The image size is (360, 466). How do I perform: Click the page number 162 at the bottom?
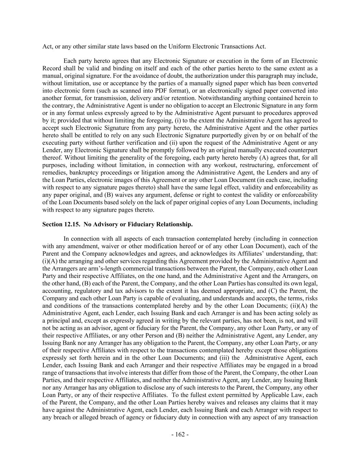pos(180,435)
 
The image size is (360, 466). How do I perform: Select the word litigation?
pos(156,172)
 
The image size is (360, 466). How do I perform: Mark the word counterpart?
pos(303,150)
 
